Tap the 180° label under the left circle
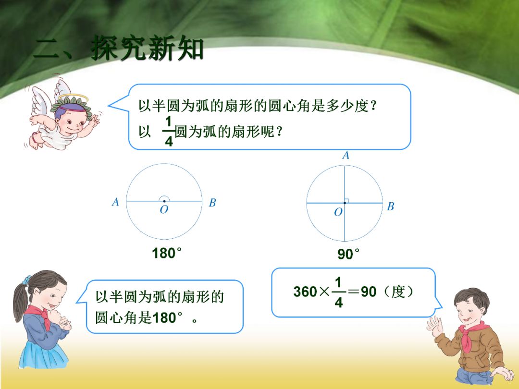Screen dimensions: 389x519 (x=166, y=253)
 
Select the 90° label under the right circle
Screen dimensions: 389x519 (x=348, y=254)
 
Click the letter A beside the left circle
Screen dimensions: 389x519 (x=115, y=203)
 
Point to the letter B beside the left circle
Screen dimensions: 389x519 (x=212, y=203)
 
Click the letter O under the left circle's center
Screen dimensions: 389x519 (x=164, y=211)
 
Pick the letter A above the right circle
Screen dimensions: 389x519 (x=345, y=156)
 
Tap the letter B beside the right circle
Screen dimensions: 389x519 (x=390, y=207)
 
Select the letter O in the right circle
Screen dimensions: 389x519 (x=338, y=212)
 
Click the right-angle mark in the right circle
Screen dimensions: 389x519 (x=347, y=201)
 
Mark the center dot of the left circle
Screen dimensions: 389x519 (x=164, y=201)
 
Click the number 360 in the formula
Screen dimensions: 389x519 (x=305, y=292)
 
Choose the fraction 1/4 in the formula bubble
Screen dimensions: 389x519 (x=339, y=292)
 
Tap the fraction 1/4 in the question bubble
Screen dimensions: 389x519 (x=168, y=131)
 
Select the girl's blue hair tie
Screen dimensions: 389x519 (x=27, y=278)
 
